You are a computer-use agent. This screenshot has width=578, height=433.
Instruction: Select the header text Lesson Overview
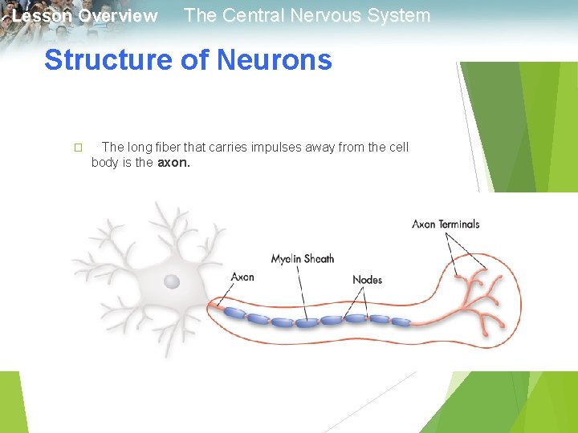[x=85, y=16]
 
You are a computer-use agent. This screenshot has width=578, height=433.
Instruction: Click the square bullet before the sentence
[x=78, y=148]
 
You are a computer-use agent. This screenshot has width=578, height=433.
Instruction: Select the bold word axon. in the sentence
[x=174, y=162]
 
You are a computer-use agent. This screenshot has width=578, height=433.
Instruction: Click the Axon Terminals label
[x=446, y=224]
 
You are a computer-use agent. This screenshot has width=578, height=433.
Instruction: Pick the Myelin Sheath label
[x=302, y=258]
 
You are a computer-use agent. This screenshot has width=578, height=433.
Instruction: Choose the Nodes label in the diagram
[x=367, y=279]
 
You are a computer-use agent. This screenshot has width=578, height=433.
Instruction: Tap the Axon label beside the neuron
[x=242, y=277]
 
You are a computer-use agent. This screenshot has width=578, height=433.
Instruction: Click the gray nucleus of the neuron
[x=172, y=281]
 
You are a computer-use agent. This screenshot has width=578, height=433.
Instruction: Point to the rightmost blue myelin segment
[x=401, y=322]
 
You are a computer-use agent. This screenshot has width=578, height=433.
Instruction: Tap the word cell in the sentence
[x=397, y=147]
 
